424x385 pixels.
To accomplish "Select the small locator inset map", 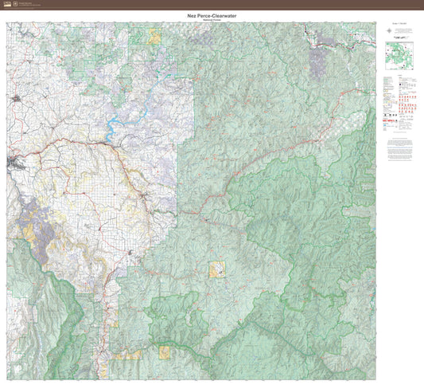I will click(393, 57).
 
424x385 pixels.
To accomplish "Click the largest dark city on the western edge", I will click(14, 163).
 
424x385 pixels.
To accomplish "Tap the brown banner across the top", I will click(212, 5).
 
